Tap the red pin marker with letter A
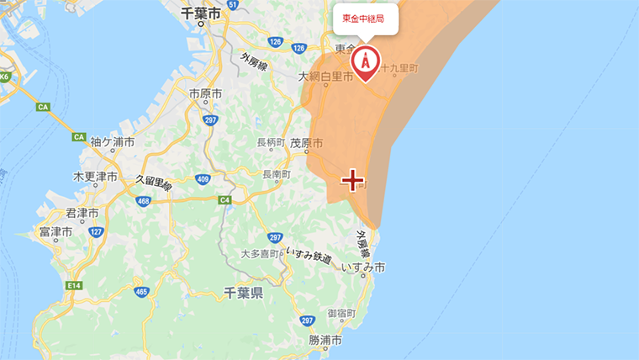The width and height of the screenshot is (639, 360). pos(365,61)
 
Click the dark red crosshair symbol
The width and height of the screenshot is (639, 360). pos(352,180)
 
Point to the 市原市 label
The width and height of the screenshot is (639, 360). pos(205,93)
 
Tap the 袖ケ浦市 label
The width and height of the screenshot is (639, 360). pos(112,142)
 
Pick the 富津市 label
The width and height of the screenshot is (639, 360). pos(55,230)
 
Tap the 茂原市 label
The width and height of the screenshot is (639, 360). pos(306,144)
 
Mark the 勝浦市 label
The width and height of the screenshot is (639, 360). pos(325,341)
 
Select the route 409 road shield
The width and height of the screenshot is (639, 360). pos(202,179)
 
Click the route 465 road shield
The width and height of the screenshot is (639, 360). pos(140,292)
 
